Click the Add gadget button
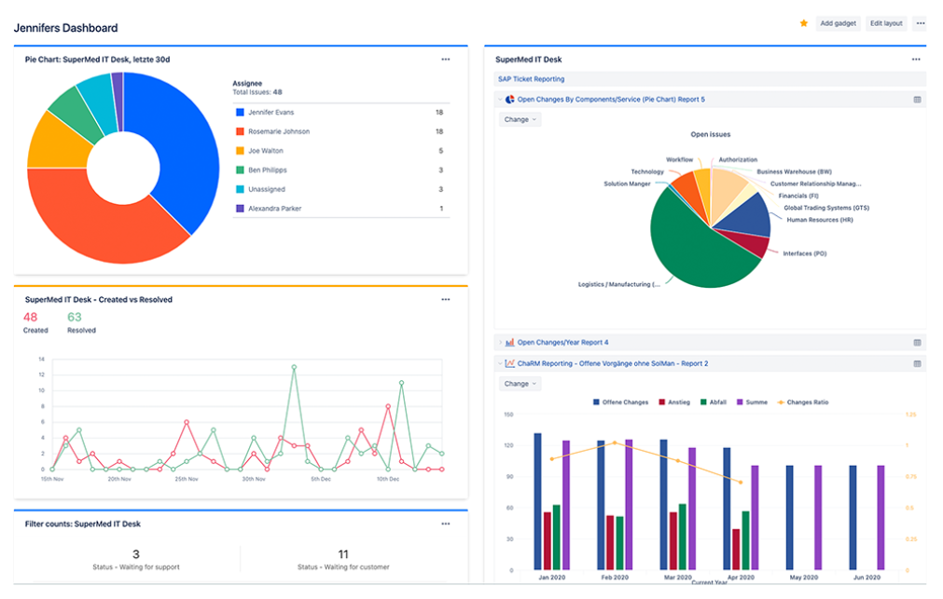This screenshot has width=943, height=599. pos(838,23)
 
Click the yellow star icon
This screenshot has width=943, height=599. pos(804,23)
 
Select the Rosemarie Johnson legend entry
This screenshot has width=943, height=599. pos(278,131)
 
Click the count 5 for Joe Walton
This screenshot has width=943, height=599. pos(440,151)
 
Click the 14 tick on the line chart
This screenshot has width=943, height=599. pos(41,359)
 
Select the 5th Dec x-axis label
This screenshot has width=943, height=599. pos(320,479)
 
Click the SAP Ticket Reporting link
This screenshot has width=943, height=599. pos(531,79)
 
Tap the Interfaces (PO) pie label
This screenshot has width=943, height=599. pos(804,253)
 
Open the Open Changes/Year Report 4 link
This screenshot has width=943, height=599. pos(562,343)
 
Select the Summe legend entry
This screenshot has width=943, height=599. pos(754,402)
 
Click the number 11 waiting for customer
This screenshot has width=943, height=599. pos(343,553)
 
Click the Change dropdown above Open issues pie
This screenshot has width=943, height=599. pos(520,119)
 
